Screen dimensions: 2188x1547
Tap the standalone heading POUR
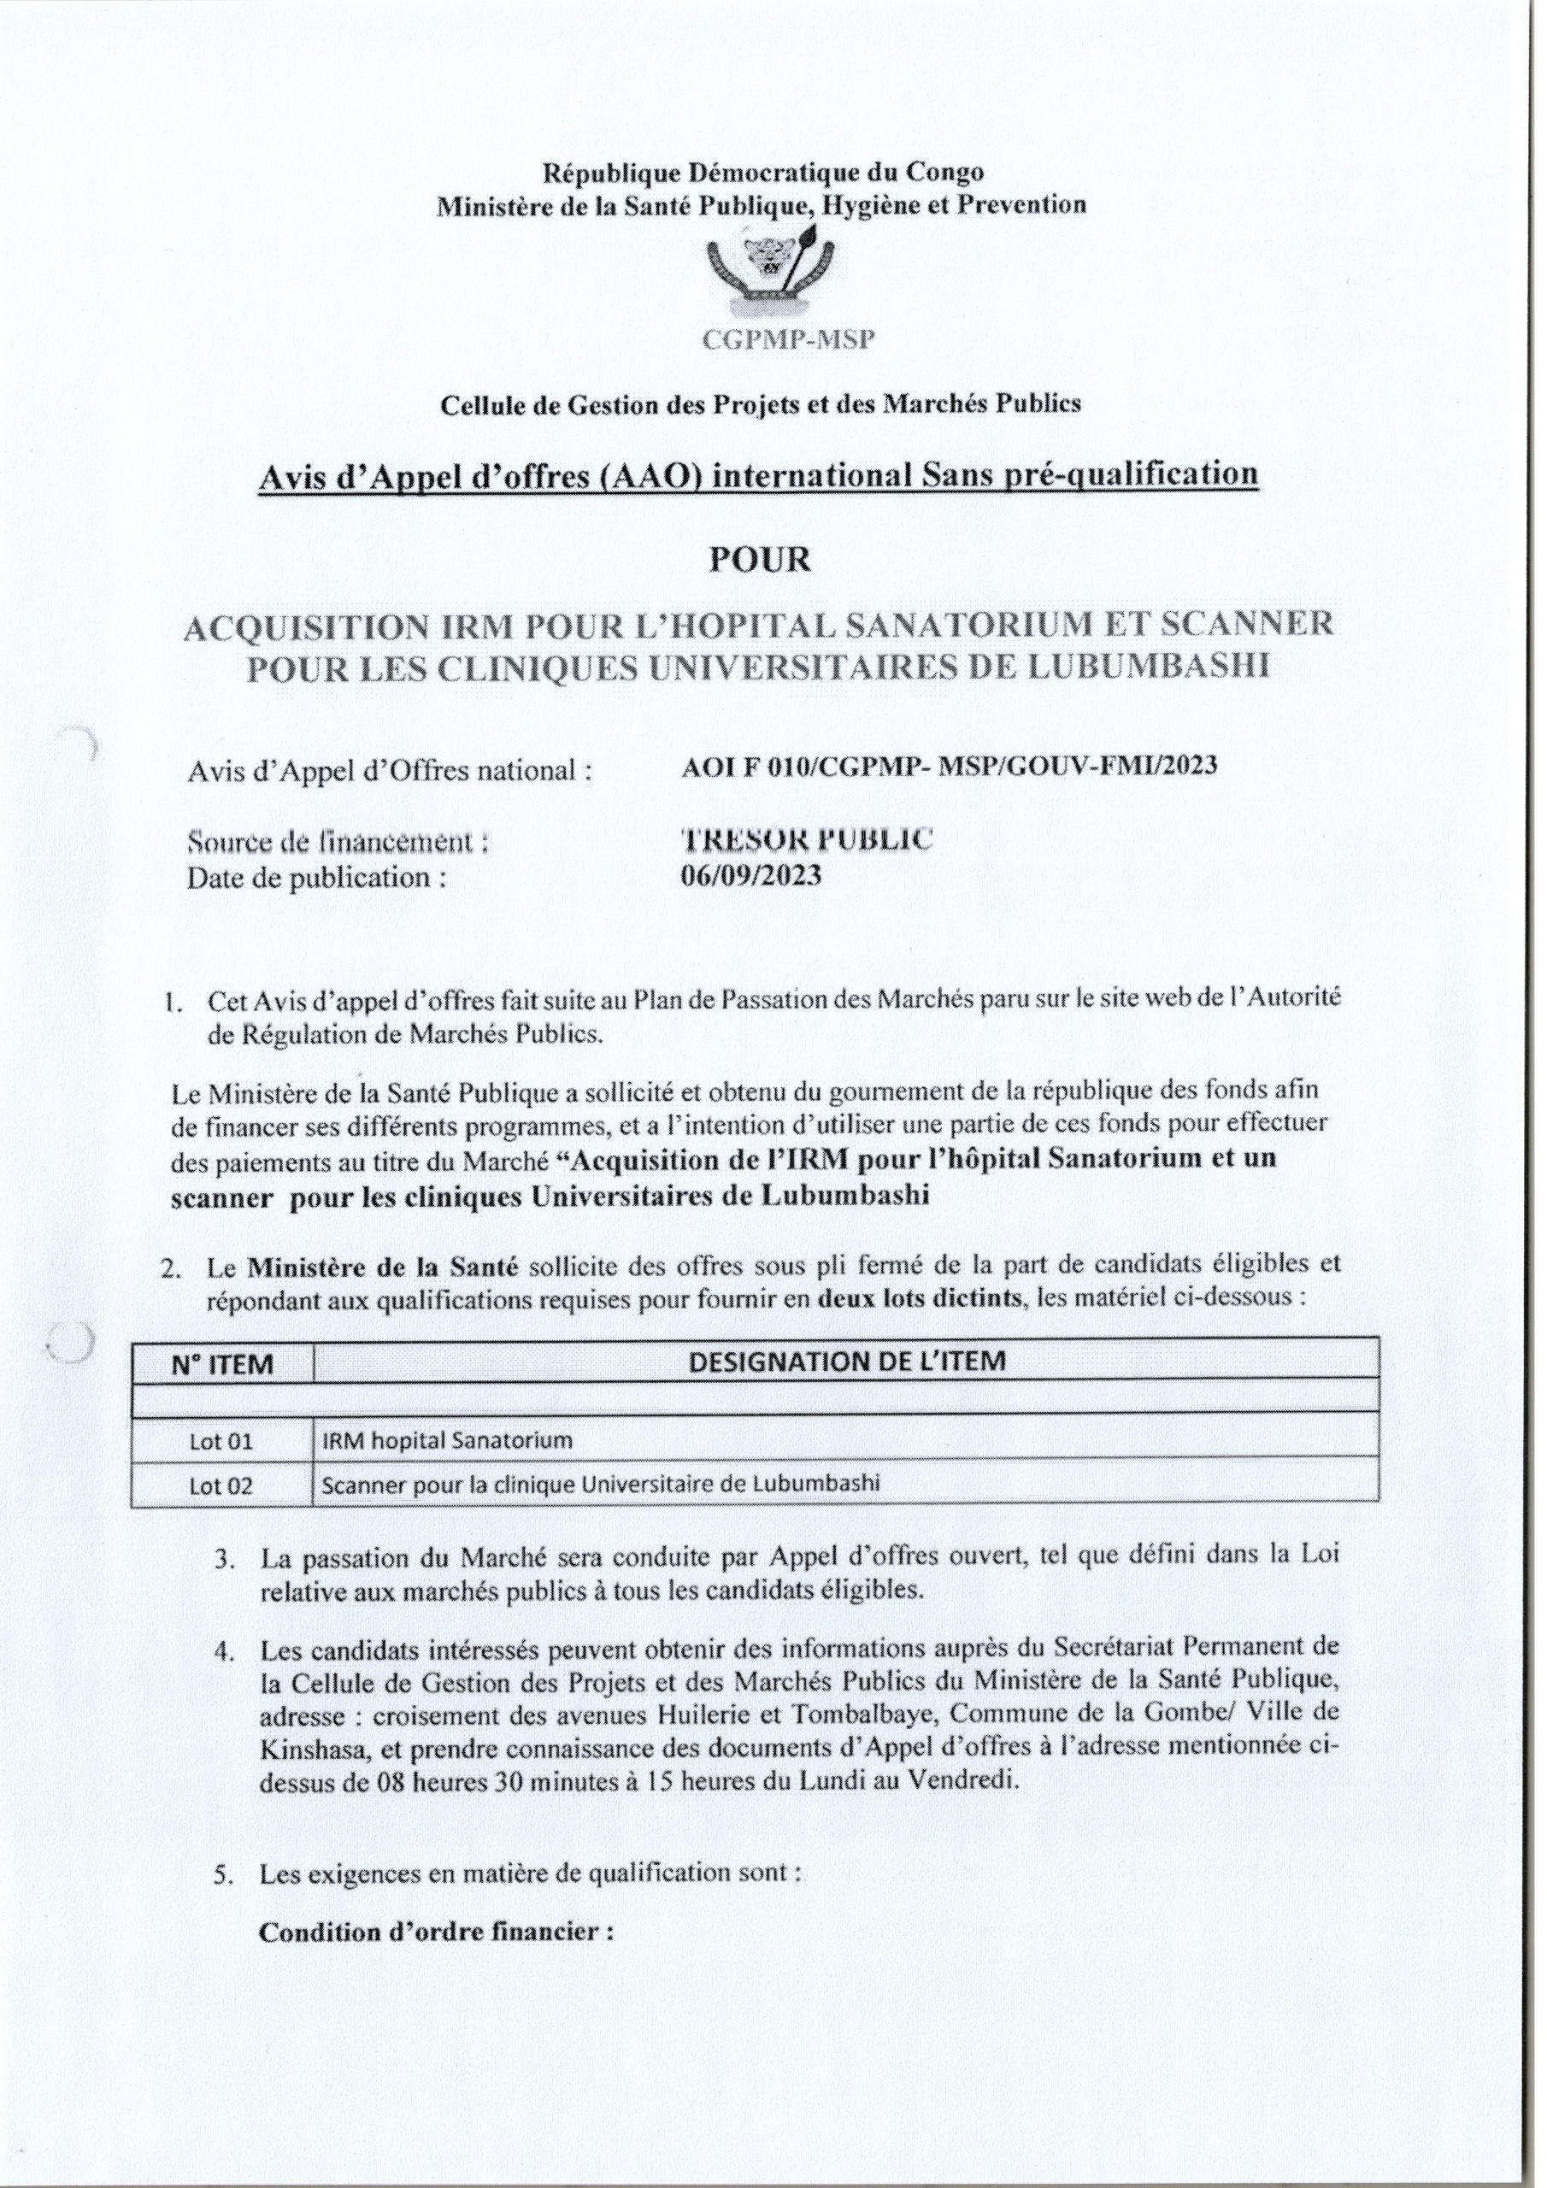[760, 559]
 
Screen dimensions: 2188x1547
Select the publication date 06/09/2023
[751, 876]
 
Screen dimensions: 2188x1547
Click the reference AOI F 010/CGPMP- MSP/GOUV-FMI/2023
[950, 765]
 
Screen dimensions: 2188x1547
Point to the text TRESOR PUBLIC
[806, 838]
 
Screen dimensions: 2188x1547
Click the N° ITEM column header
[222, 1365]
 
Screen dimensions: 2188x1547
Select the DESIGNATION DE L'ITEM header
[846, 1360]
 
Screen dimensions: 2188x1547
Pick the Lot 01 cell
[221, 1441]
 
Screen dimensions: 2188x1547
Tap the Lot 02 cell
[221, 1485]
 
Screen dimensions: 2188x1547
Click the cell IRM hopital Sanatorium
[447, 1439]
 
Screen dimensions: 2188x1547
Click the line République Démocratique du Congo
[762, 173]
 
